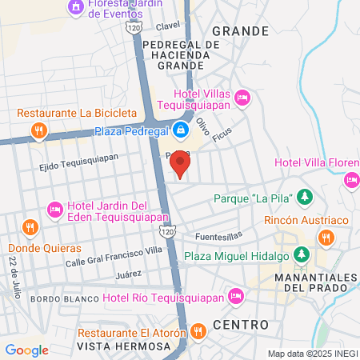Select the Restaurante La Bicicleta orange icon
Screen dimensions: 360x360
38,129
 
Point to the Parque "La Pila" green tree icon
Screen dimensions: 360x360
304,197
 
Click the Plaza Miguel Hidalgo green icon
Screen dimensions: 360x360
302,255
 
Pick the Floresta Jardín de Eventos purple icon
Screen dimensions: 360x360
76,7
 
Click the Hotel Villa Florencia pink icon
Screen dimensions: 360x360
351,179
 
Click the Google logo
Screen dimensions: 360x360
26,350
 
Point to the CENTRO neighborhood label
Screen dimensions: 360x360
241,325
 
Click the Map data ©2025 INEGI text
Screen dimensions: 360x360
312,354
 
